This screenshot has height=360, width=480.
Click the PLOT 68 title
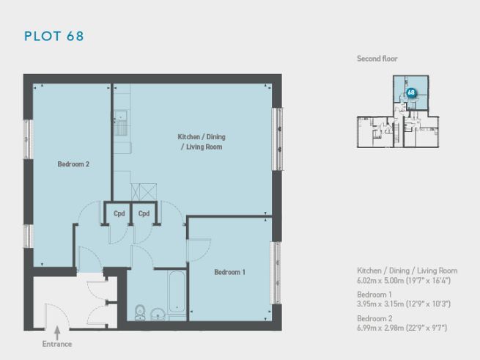coord(55,36)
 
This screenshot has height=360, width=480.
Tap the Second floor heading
coord(377,59)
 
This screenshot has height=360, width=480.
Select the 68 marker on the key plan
coord(410,93)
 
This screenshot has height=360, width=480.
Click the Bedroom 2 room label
coord(73,165)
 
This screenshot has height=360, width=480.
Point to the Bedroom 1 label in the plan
coord(229,273)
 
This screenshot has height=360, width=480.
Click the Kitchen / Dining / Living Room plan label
coord(200,142)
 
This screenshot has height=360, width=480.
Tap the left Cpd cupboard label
coord(119,213)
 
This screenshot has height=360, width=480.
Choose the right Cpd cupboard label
coord(144,213)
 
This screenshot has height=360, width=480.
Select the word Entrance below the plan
coord(56,344)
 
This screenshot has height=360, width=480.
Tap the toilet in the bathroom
coord(139,312)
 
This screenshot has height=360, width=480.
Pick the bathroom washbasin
coord(157,315)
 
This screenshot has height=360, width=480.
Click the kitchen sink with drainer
coord(120,122)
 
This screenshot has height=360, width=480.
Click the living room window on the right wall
coord(278,139)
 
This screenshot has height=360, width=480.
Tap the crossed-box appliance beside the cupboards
coord(139,191)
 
